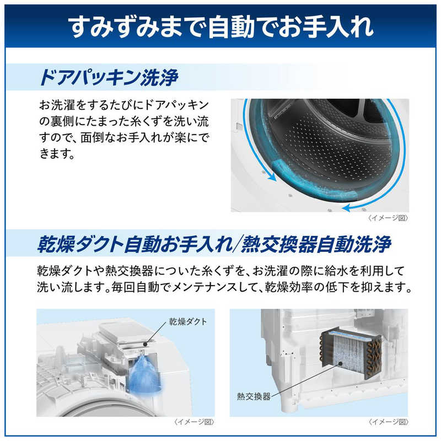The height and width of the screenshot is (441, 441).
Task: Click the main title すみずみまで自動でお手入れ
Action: [221, 26]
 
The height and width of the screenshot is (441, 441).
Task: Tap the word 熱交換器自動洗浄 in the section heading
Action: [316, 244]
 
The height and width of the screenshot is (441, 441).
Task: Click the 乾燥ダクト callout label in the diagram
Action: [188, 321]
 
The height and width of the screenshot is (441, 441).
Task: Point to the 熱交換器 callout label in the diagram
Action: [254, 396]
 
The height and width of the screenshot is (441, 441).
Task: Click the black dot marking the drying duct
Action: [145, 343]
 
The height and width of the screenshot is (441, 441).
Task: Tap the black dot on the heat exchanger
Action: [340, 363]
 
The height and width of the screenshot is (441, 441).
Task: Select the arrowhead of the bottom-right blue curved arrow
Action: [347, 208]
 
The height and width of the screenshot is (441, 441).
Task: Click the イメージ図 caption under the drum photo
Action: [388, 218]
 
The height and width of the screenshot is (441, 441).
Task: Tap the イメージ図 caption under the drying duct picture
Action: [194, 422]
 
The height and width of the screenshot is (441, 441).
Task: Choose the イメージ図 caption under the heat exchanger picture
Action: [388, 422]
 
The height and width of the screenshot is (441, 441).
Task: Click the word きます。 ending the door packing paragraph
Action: [57, 154]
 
